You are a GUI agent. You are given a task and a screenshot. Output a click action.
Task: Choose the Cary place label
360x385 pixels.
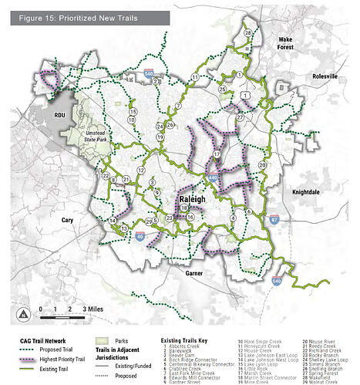(67, 220)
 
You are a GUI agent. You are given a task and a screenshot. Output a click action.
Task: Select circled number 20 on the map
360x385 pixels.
(262, 164)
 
